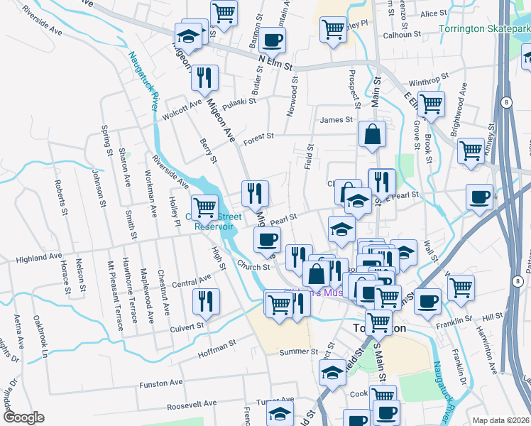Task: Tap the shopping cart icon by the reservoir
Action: point(204,207)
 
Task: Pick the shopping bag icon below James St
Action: point(372,133)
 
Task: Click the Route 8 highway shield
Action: point(505,102)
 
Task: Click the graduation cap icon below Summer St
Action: point(332,372)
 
